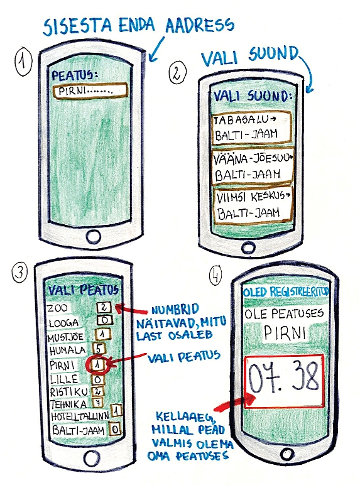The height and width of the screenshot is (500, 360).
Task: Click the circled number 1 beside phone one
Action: (x=23, y=63)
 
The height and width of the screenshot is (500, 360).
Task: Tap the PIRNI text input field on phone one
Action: (x=90, y=90)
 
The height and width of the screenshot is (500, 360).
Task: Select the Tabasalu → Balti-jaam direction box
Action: (x=251, y=128)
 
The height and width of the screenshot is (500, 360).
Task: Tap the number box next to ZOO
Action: (x=104, y=307)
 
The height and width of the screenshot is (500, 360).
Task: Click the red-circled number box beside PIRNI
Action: (x=98, y=364)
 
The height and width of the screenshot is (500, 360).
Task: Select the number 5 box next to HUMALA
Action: (x=99, y=349)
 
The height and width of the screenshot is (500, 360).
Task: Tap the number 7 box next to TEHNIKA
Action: (x=97, y=403)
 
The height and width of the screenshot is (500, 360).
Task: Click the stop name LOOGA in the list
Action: (x=64, y=323)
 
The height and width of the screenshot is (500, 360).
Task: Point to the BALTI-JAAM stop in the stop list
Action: (x=79, y=430)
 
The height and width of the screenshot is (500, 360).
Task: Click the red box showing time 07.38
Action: (x=285, y=381)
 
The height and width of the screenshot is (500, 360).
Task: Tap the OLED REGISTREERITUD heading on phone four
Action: (x=286, y=292)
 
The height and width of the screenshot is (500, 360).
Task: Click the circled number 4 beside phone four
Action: (x=215, y=275)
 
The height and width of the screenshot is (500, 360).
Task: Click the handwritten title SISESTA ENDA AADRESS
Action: (x=139, y=26)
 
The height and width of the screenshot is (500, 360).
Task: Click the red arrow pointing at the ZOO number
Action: (x=131, y=309)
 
